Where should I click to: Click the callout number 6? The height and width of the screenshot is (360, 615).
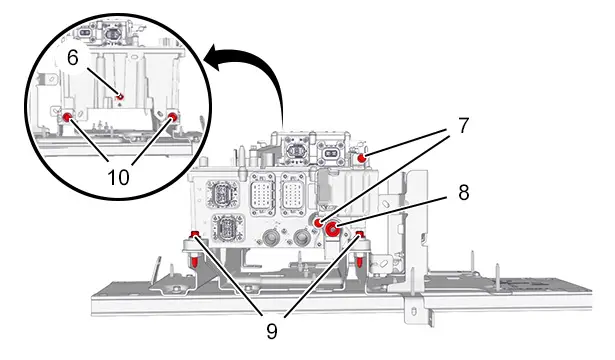pyautogui.click(x=73, y=58)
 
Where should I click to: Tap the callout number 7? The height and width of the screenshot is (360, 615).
pyautogui.click(x=463, y=125)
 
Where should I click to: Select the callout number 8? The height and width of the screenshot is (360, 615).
pyautogui.click(x=464, y=193)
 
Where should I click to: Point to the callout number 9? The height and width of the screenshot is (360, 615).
pyautogui.click(x=272, y=331)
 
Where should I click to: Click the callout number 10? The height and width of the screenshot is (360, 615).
pyautogui.click(x=118, y=177)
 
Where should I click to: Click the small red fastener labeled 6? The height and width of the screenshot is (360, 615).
pyautogui.click(x=120, y=96)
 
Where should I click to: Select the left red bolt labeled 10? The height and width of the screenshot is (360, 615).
pyautogui.click(x=67, y=116)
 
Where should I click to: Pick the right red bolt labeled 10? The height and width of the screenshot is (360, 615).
pyautogui.click(x=173, y=116)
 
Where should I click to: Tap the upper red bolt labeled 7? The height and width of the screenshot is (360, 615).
pyautogui.click(x=362, y=158)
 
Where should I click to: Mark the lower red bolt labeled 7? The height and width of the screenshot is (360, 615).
pyautogui.click(x=319, y=223)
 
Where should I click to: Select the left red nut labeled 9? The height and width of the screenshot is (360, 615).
pyautogui.click(x=195, y=235)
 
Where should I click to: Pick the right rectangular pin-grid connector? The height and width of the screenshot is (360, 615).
pyautogui.click(x=293, y=194)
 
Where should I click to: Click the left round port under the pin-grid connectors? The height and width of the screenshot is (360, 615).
pyautogui.click(x=270, y=238)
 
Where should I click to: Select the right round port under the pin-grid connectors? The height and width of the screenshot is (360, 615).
pyautogui.click(x=302, y=237)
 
